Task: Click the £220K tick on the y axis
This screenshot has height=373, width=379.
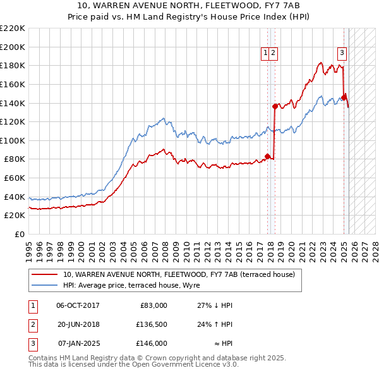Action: click(13, 28)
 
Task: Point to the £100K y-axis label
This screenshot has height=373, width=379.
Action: click(13, 140)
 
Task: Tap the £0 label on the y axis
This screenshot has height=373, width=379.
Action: click(20, 234)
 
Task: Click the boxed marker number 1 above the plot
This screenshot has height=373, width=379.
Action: click(266, 54)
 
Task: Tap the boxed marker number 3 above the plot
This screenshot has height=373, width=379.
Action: click(342, 53)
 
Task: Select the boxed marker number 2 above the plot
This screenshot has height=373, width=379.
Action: click(274, 54)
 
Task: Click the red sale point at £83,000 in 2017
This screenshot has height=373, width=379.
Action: click(267, 156)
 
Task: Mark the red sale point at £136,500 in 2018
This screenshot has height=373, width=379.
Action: click(275, 106)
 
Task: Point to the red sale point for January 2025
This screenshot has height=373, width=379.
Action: click(344, 97)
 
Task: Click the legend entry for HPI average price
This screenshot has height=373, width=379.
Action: click(131, 286)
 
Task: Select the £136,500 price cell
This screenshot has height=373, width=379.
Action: click(151, 324)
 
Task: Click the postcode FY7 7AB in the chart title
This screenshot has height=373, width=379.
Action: click(289, 6)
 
